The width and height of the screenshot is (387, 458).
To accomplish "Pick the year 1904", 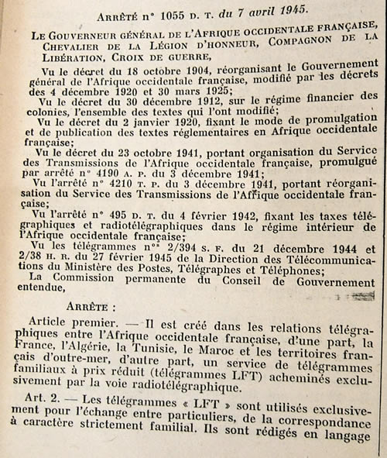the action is (166, 78).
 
